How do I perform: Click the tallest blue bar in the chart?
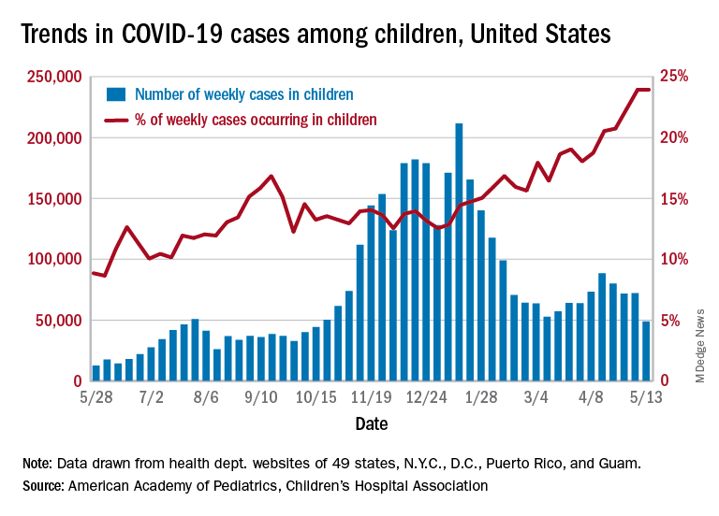[459, 252]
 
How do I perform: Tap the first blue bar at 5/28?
[95, 373]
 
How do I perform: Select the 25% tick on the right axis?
[676, 77]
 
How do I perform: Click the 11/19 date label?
[373, 397]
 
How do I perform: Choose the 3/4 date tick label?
[536, 397]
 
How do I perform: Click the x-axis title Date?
[372, 423]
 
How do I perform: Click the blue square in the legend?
[115, 93]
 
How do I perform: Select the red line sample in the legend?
[115, 120]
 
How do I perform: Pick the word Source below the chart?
[42, 486]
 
